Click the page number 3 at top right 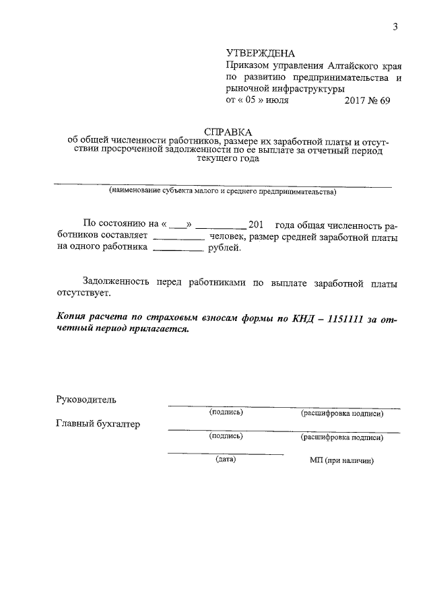(x=396, y=27)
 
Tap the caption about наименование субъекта (x=222, y=192)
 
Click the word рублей (x=225, y=248)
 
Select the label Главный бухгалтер (x=98, y=424)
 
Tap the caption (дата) (x=225, y=460)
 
